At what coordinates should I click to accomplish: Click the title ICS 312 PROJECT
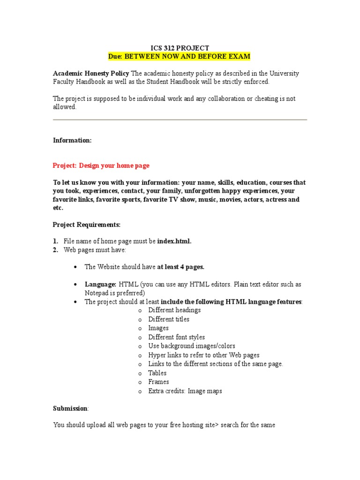180,48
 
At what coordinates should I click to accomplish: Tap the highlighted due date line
180,56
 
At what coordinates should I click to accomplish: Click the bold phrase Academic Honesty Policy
91,74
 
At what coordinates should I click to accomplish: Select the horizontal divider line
180,120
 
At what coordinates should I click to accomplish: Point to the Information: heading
72,140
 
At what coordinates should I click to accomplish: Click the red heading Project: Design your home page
101,165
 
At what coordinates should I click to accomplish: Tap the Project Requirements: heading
86,225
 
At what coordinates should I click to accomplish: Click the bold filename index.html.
174,241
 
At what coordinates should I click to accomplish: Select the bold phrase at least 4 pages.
180,267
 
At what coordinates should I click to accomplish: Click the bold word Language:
100,285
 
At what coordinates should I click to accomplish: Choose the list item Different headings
174,310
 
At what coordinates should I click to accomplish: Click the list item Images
158,328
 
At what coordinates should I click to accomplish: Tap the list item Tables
157,373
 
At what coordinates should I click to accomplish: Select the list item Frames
158,382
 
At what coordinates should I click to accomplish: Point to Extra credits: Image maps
185,391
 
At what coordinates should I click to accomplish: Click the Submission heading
70,408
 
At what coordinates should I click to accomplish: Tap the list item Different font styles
176,337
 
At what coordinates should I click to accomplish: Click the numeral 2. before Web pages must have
55,250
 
